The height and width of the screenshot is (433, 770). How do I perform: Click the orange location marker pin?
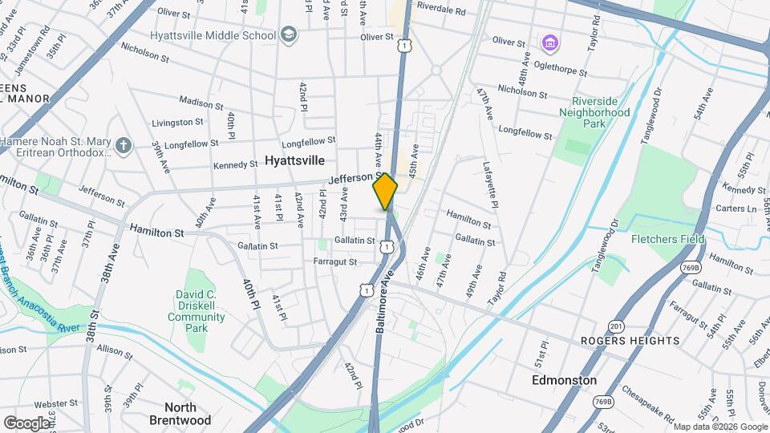coord(385,192)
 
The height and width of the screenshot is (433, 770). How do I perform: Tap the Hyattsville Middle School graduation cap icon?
coord(289,35)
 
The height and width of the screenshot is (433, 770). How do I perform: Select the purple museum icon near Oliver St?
coord(549,42)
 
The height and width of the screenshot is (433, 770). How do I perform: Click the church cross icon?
coord(122,146)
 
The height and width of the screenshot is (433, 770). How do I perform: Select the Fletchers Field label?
coord(667,239)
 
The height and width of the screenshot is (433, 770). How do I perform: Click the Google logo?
coord(26,423)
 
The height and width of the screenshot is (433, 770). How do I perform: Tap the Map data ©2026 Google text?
coord(720,427)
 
